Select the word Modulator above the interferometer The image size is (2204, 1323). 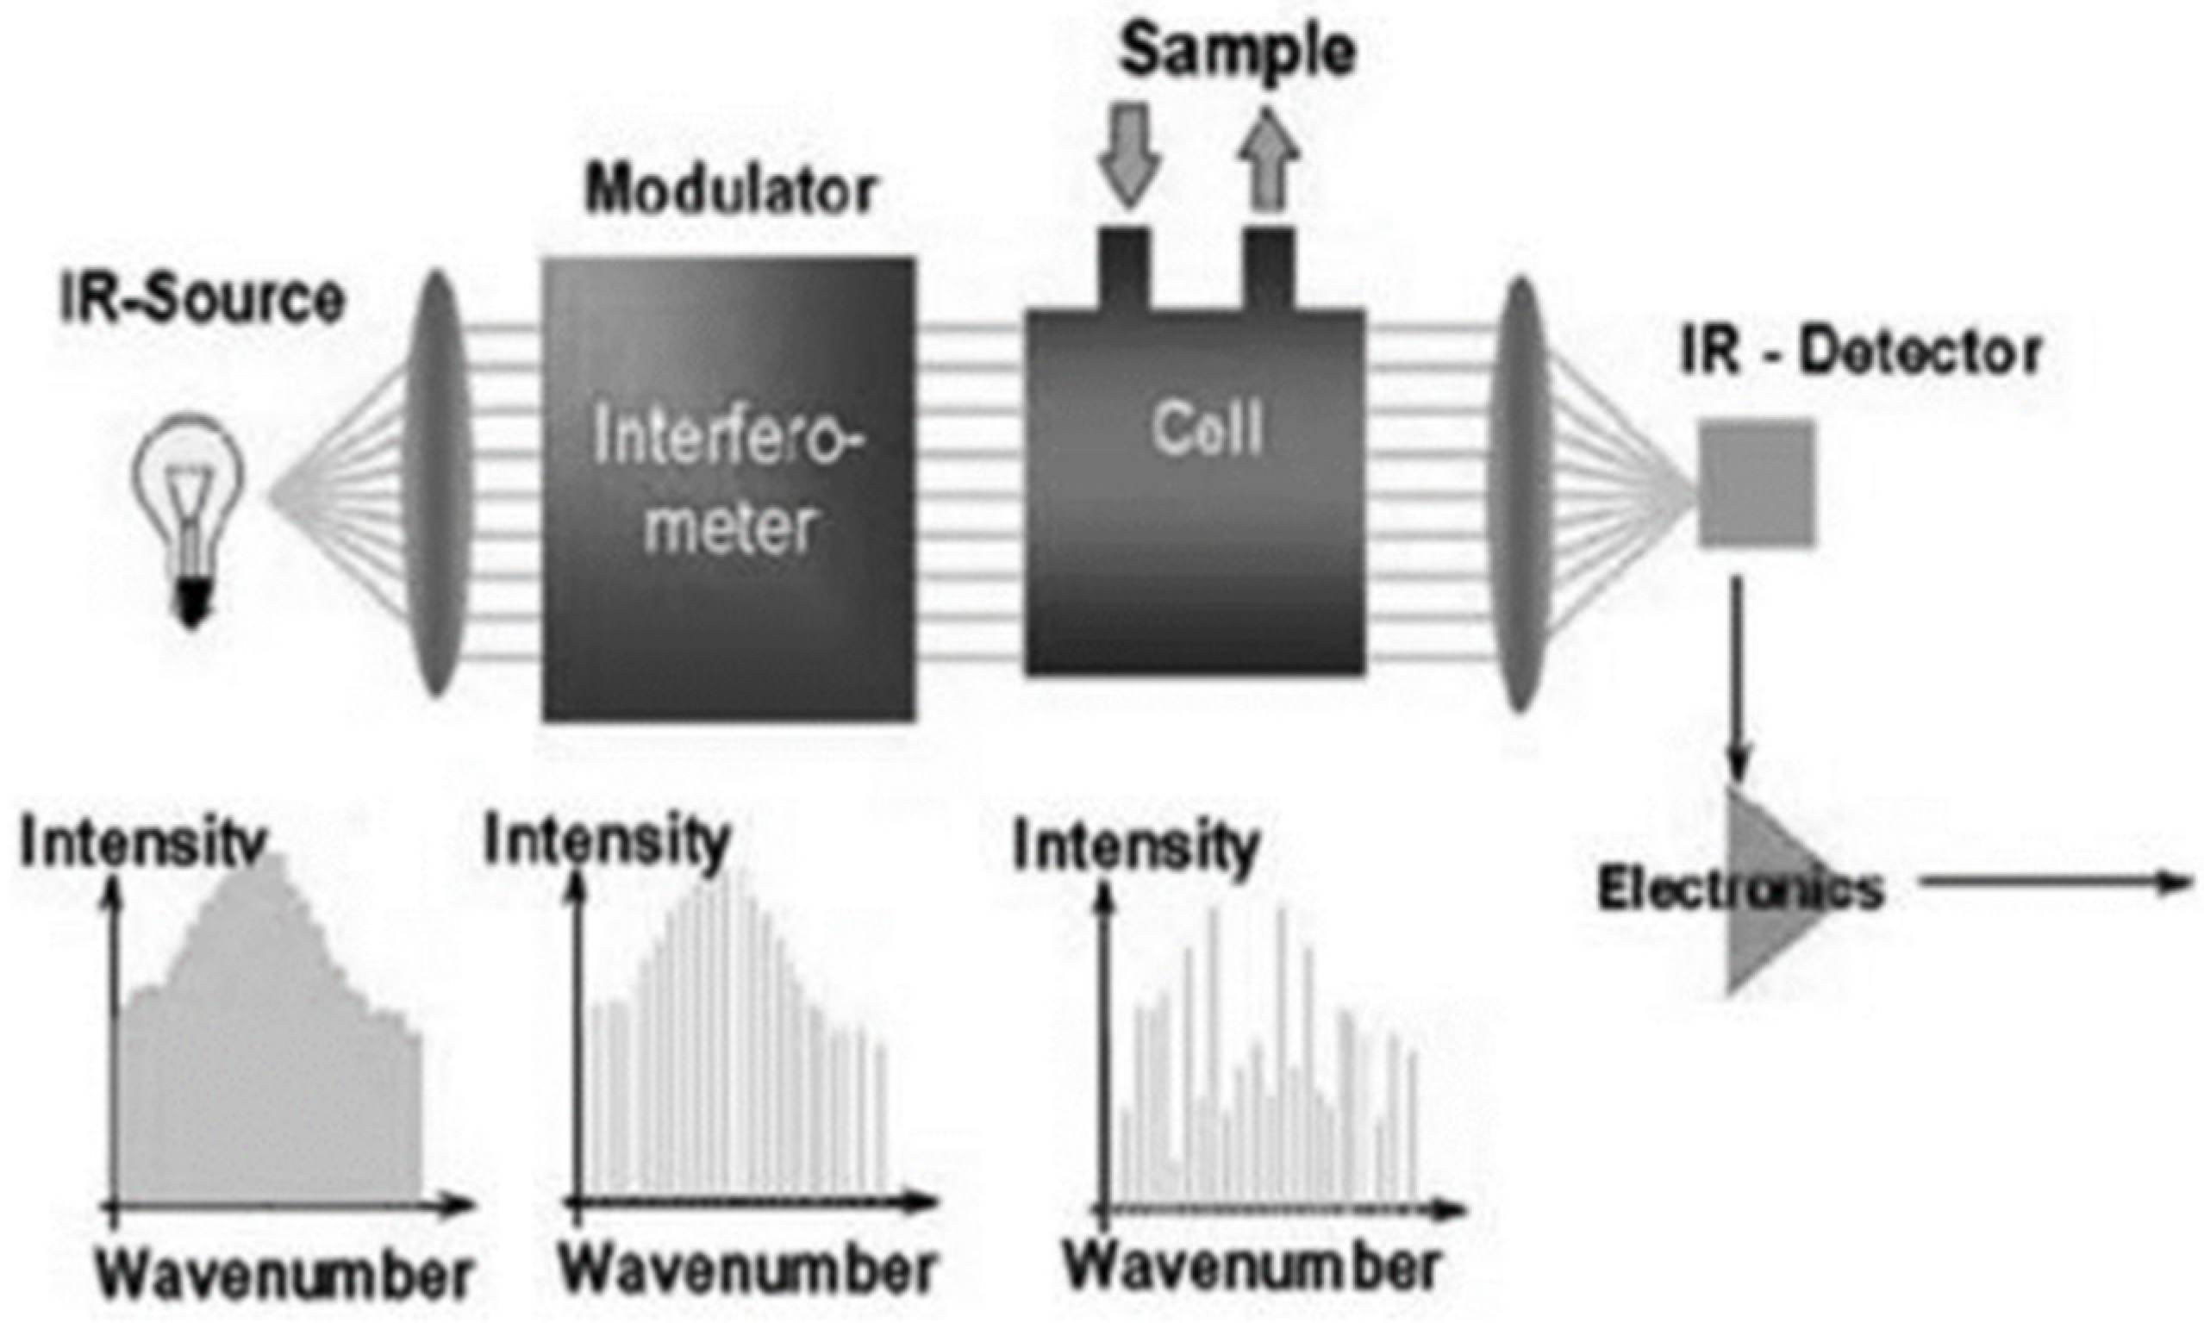pyautogui.click(x=730, y=190)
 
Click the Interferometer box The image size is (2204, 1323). pyautogui.click(x=728, y=488)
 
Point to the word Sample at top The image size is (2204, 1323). pyautogui.click(x=1238, y=51)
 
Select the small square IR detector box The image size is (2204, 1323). pyautogui.click(x=1756, y=483)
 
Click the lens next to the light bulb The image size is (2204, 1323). pyautogui.click(x=438, y=486)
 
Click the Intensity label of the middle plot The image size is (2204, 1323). pyautogui.click(x=607, y=840)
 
